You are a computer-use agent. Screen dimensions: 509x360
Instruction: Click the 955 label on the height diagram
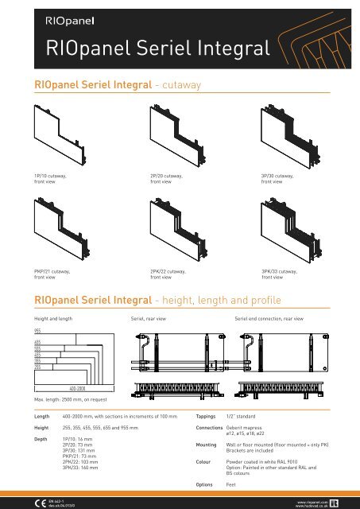coord(37,328)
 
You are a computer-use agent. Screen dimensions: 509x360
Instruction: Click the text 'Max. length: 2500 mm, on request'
coord(70,399)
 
